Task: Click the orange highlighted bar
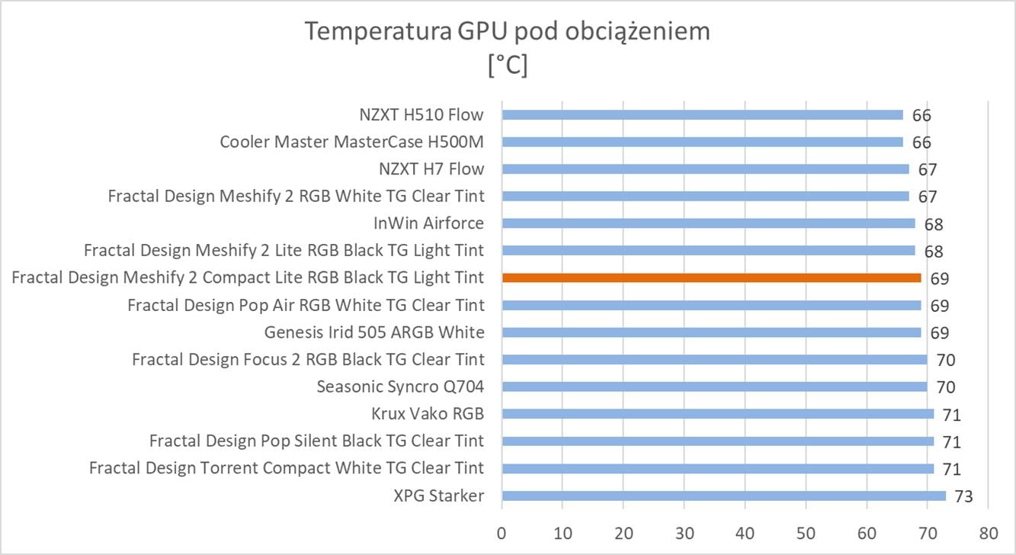[x=711, y=277]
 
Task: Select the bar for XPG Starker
[x=723, y=496]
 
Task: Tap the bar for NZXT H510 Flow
[x=702, y=114]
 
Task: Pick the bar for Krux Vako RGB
[x=717, y=414]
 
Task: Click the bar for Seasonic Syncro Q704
[x=714, y=387]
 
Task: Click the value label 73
[x=963, y=497]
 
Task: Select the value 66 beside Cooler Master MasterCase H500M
[x=921, y=143]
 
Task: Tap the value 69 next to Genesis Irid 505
[x=939, y=333]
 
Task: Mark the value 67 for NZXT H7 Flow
[x=928, y=170]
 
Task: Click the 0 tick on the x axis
[x=502, y=531]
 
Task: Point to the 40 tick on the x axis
[x=745, y=531]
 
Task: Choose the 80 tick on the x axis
[x=989, y=531]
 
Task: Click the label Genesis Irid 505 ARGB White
[x=374, y=332]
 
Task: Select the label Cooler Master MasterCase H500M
[x=351, y=142]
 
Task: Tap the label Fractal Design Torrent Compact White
[x=287, y=468]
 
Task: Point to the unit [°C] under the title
[x=507, y=66]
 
